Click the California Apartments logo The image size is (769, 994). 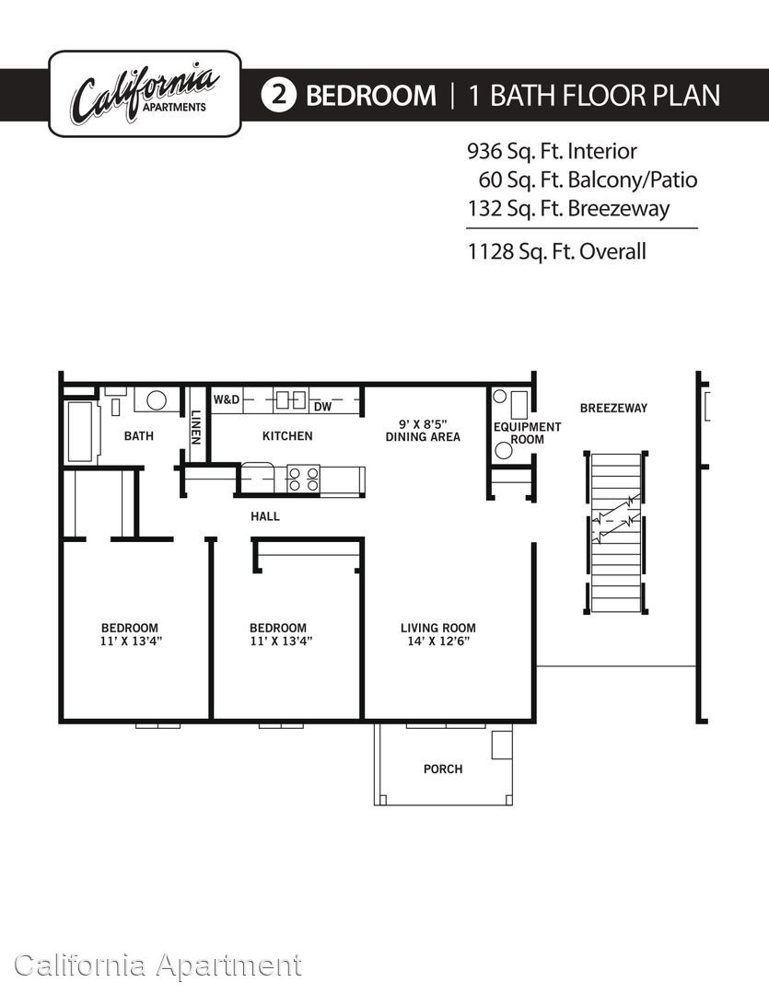point(145,94)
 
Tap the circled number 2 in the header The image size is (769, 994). point(278,95)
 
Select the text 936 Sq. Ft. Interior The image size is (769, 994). point(552,152)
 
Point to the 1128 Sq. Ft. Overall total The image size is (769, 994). point(556,251)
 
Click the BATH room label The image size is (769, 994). point(139,435)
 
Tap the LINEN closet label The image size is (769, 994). point(195,427)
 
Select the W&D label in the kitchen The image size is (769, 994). point(227,399)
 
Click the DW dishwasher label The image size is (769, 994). point(322,407)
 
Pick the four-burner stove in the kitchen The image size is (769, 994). point(303,479)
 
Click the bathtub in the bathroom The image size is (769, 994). point(83,432)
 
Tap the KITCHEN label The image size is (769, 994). point(287,435)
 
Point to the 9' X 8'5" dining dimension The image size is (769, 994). point(424,423)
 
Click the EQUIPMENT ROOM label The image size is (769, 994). point(528,433)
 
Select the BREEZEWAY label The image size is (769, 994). point(613,409)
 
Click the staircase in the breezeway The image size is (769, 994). point(615,533)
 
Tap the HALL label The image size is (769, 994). point(265,516)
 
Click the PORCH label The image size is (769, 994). point(443,769)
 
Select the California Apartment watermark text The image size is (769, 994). point(158,966)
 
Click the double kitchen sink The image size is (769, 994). point(291,400)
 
